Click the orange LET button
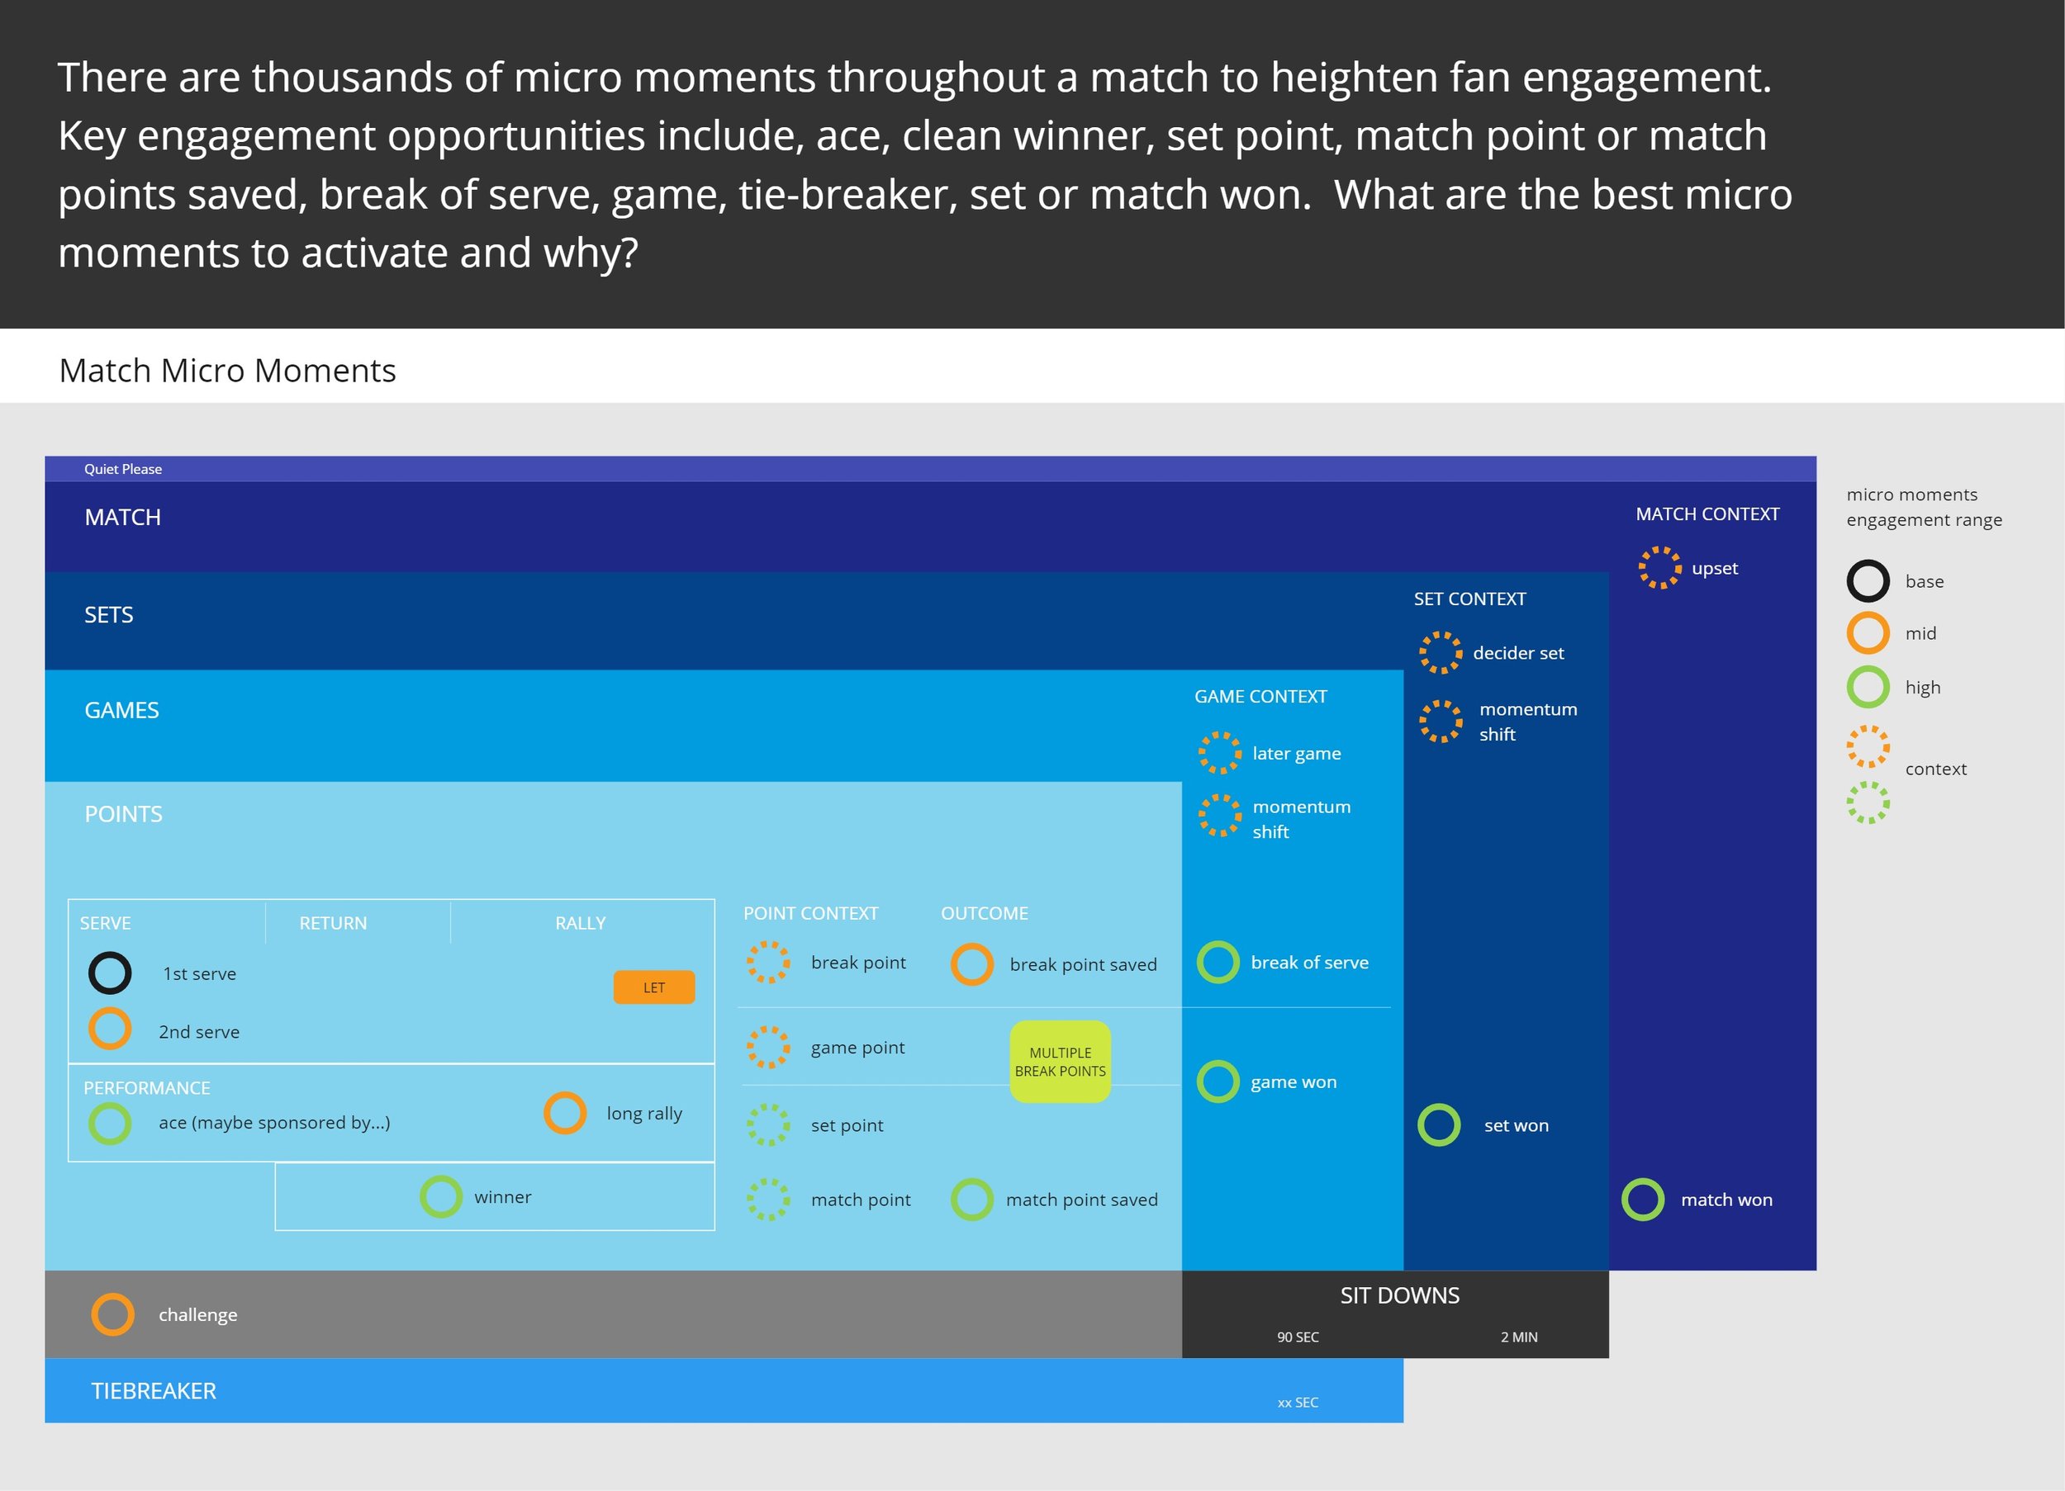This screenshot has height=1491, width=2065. (x=653, y=987)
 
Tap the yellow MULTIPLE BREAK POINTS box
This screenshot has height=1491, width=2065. (x=1060, y=1062)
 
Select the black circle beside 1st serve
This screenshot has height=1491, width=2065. (x=110, y=973)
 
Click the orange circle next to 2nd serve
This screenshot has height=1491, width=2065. (x=110, y=1029)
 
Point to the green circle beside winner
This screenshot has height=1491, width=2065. (x=441, y=1197)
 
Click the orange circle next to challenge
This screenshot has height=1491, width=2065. (x=113, y=1314)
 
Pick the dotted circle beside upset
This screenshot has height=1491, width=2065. (x=1659, y=568)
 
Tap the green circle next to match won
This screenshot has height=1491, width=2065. (x=1643, y=1200)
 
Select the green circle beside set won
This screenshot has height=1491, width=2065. (x=1439, y=1125)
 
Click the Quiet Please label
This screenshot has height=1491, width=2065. (x=123, y=469)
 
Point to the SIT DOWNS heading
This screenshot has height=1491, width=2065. (x=1399, y=1295)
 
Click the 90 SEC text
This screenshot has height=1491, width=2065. (x=1298, y=1337)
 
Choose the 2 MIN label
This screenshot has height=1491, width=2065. (x=1519, y=1337)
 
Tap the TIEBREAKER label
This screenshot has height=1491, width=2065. (x=154, y=1391)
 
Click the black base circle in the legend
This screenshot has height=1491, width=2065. (x=1868, y=580)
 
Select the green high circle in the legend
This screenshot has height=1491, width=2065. (x=1868, y=687)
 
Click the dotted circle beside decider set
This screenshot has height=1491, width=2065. (x=1440, y=653)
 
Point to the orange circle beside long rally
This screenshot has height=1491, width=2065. (x=564, y=1113)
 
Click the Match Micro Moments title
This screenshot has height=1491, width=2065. (x=228, y=371)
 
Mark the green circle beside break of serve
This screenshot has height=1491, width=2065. (x=1218, y=962)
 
